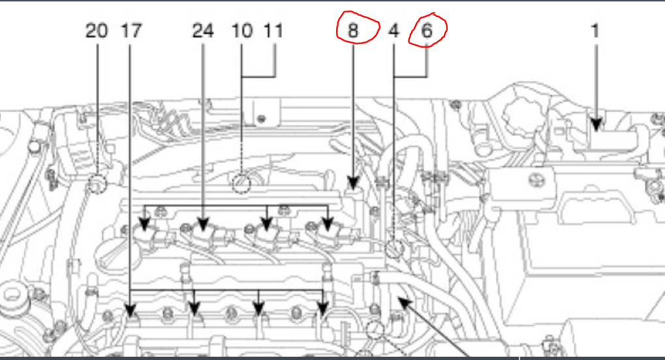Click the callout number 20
(97, 31)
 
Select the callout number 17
(131, 31)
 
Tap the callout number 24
(203, 31)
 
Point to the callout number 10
(242, 31)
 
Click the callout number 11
(275, 31)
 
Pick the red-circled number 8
(353, 30)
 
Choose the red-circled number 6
(427, 30)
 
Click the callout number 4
(394, 31)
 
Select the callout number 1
(595, 31)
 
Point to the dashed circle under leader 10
(241, 183)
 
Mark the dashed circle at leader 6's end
(394, 248)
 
